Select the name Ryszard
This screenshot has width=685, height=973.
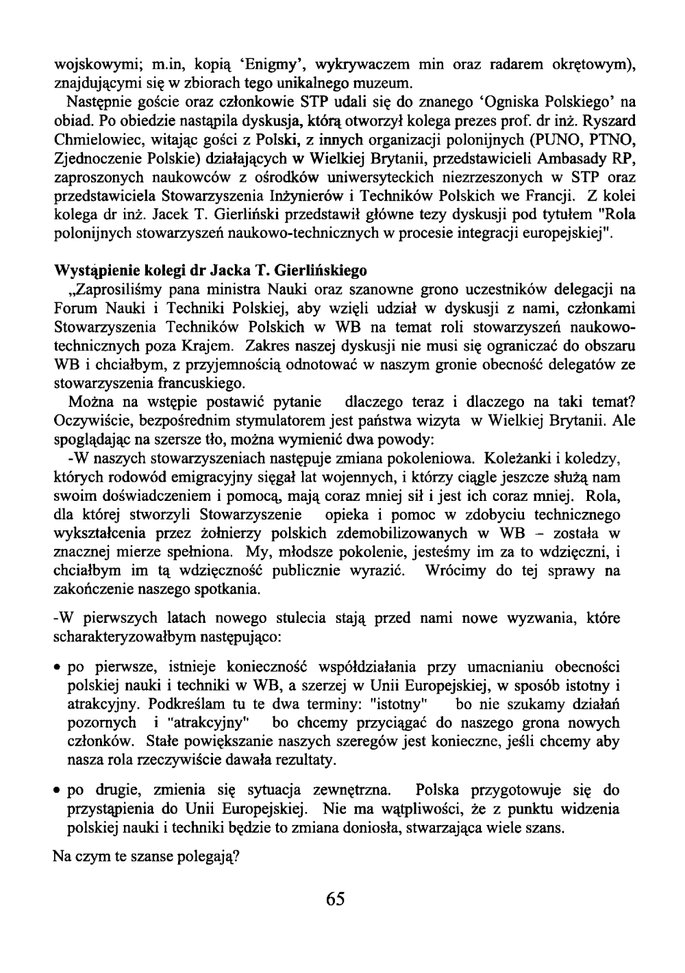[x=609, y=121]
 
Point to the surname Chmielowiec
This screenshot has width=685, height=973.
[x=95, y=140]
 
